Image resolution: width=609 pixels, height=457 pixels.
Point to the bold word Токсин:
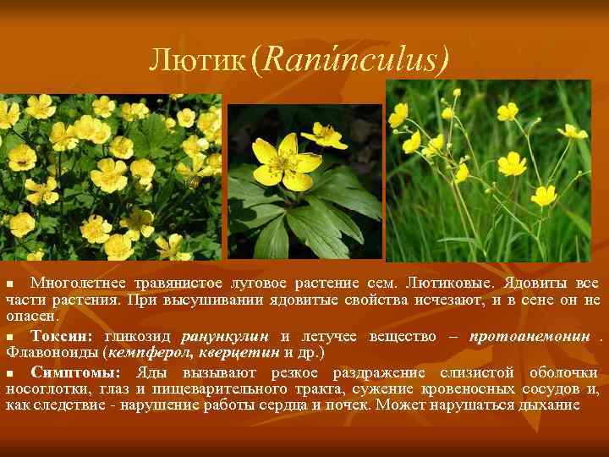63,336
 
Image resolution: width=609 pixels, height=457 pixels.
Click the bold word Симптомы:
74,372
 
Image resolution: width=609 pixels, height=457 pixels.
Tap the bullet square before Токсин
10,337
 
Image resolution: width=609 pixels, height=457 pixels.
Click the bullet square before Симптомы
10,373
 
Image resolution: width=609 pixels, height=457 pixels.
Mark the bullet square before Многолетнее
10,283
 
